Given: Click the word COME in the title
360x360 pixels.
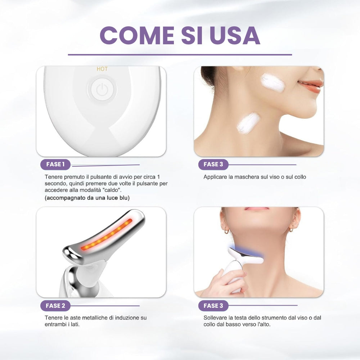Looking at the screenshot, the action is coord(137,35).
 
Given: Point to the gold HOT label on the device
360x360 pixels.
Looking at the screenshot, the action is coord(102,69).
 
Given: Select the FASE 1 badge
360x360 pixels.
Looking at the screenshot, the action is coord(55,165).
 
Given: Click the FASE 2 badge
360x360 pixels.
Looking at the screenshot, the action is coord(55,306).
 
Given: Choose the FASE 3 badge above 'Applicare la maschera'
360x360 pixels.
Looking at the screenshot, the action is coord(213,165).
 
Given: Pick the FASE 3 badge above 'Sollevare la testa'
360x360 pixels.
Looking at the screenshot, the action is coord(213,306).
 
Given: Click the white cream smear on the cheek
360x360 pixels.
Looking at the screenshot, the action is coord(273,83).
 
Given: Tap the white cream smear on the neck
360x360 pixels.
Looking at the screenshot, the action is coord(248,123).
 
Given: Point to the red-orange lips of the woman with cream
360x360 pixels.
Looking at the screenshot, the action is coord(310,85).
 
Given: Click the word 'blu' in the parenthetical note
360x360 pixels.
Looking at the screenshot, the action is coord(124,198).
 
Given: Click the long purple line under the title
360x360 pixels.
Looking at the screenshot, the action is coord(180,55).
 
